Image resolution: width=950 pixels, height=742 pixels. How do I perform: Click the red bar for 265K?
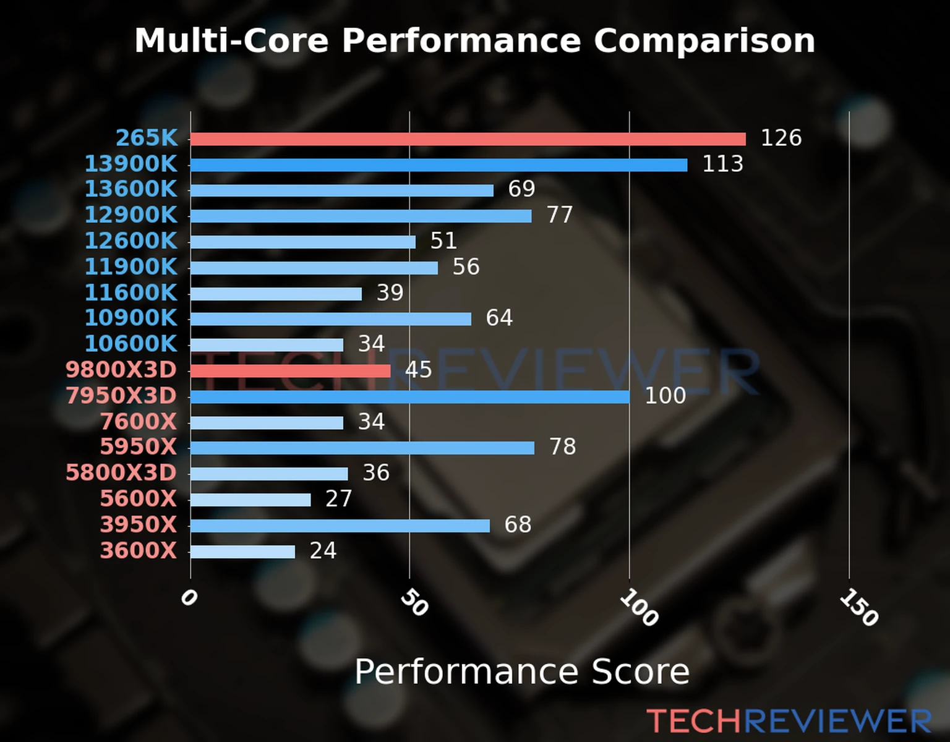click(x=468, y=139)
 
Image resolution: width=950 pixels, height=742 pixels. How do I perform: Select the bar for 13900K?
click(x=439, y=165)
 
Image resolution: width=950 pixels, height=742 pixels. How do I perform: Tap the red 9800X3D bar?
click(x=290, y=371)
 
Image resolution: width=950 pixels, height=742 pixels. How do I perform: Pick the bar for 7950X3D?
click(x=409, y=397)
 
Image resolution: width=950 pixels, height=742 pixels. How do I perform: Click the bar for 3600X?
click(x=242, y=552)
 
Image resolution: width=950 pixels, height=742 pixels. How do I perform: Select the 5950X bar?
click(x=362, y=448)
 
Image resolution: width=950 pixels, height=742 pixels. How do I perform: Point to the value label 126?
click(x=781, y=138)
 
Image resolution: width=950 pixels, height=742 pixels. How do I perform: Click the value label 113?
click(x=722, y=164)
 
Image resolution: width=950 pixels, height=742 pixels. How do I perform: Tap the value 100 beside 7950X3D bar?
click(x=665, y=396)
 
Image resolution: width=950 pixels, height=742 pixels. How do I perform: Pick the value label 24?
click(x=323, y=550)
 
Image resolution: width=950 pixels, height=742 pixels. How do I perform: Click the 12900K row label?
click(x=131, y=215)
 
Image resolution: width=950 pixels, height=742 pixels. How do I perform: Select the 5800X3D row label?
click(x=121, y=473)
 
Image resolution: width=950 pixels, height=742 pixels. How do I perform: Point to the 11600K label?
click(x=131, y=292)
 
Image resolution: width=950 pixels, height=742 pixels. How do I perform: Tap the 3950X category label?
click(x=139, y=525)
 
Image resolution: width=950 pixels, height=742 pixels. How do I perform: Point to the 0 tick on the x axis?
click(x=189, y=598)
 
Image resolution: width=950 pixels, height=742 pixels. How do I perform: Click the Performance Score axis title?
click(x=521, y=672)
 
